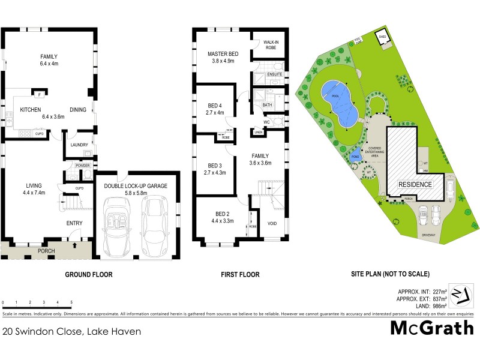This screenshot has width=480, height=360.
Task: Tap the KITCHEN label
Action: (30, 110)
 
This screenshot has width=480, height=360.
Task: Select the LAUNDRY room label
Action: (79, 145)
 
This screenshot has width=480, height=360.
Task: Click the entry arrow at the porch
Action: (74, 245)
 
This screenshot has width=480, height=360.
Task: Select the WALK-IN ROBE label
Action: (269, 44)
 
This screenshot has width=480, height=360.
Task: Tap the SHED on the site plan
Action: (382, 38)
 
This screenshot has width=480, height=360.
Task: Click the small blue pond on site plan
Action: (355, 156)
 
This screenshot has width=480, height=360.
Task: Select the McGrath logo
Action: (432, 328)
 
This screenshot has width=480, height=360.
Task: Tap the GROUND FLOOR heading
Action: (88, 275)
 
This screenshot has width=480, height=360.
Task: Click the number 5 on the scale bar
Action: (72, 302)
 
